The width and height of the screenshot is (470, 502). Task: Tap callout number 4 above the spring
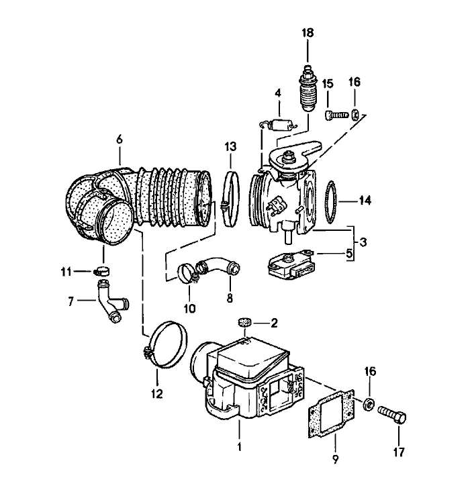coord(277,93)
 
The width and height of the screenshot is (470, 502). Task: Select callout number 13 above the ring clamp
coord(230,145)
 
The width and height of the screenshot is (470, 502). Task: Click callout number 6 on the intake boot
coord(120,140)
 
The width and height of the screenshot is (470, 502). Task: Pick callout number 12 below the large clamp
coord(156,394)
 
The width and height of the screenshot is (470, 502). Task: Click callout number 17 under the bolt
coord(399,452)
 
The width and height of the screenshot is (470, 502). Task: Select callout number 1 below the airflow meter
coord(239,444)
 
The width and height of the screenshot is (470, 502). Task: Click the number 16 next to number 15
coord(355,83)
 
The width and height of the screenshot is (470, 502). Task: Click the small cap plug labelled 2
coord(245,324)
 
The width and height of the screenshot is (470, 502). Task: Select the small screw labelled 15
coord(334,115)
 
